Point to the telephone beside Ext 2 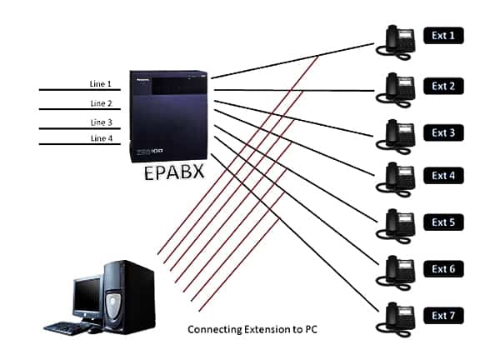(399, 84)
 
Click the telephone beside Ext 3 (399, 131)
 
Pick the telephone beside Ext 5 (399, 223)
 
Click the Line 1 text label (100, 84)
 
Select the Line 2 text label (100, 103)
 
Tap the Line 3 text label (100, 122)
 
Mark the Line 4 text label (100, 138)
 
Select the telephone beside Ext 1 (399, 38)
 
